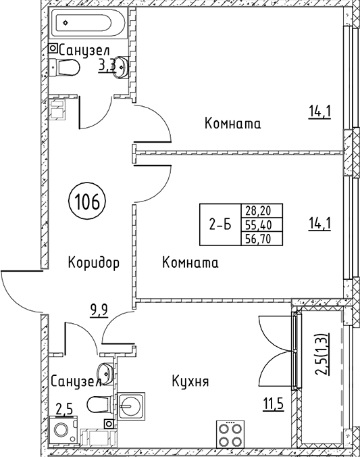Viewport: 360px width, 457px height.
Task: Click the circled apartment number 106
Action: pos(87,201)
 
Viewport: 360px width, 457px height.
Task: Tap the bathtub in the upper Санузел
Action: pos(87,22)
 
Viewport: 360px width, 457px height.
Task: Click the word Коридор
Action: pos(94,262)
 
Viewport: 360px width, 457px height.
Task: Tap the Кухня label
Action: pos(190,381)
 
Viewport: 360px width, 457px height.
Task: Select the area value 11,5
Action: pos(273,404)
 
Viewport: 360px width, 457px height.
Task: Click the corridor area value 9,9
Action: pos(99,310)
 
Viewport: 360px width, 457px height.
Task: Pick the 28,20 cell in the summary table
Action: pos(262,210)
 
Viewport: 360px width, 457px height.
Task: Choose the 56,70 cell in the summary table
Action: pos(262,239)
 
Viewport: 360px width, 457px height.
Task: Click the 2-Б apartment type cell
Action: pos(220,224)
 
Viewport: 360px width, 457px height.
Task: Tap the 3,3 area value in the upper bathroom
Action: pos(107,66)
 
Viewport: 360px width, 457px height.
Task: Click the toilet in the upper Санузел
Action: pos(64,68)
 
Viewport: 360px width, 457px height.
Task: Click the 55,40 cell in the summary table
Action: pos(262,224)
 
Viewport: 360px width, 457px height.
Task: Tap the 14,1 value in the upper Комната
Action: pos(319,112)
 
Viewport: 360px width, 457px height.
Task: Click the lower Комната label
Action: pos(190,262)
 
